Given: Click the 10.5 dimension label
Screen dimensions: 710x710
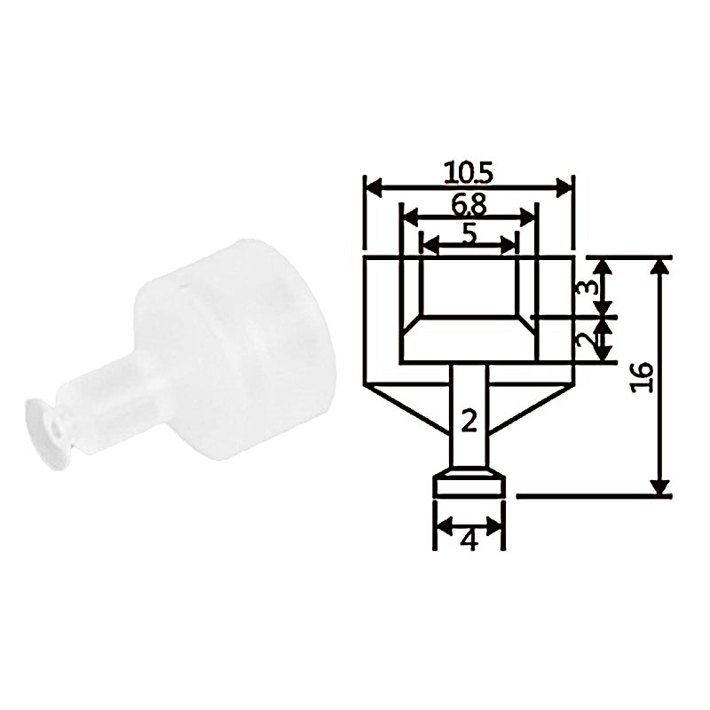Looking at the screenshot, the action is coord(469,173).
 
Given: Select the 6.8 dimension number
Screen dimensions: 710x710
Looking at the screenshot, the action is coord(469,204).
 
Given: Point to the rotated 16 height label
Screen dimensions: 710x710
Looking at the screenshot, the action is coord(642,376).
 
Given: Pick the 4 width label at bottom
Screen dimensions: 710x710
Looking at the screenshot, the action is coord(469,540).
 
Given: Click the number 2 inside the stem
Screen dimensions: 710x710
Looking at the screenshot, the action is coord(469,420).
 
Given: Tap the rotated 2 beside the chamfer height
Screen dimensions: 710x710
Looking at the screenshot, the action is coord(587,339).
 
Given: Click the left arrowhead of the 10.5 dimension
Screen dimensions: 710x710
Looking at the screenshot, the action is coord(374,187).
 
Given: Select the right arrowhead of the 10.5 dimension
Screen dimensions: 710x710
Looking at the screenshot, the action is coord(564,187).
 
